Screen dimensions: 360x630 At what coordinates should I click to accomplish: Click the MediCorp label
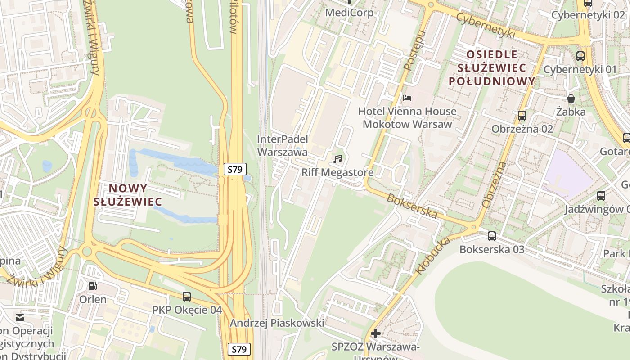point(349,13)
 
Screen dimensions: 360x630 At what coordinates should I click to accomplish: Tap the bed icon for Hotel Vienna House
point(407,98)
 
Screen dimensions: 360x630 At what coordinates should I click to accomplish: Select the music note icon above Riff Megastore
point(337,159)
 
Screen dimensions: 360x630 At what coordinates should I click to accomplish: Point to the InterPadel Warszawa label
point(282,146)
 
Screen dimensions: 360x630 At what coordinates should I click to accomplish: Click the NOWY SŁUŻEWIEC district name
point(127,195)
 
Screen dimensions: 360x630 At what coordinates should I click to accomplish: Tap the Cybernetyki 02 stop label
point(588,15)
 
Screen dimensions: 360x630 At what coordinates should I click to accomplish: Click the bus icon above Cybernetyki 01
point(580,56)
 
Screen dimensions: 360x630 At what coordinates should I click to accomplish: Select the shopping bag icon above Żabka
point(571,98)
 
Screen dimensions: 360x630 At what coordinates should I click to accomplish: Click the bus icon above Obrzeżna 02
point(522,116)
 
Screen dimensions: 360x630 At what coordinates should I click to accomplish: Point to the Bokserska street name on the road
point(412,206)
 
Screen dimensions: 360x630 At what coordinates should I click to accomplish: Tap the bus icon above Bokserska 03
point(492,236)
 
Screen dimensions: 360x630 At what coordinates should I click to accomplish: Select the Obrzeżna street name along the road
point(494,185)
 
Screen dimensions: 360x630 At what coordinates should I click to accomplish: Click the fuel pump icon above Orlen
point(93,286)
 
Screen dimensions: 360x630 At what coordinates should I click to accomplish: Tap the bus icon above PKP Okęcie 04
point(187,296)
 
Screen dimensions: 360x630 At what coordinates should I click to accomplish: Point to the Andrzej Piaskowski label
point(277,323)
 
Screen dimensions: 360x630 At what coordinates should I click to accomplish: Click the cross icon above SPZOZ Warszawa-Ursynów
point(375,333)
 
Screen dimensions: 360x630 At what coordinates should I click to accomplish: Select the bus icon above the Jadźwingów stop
point(601,196)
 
